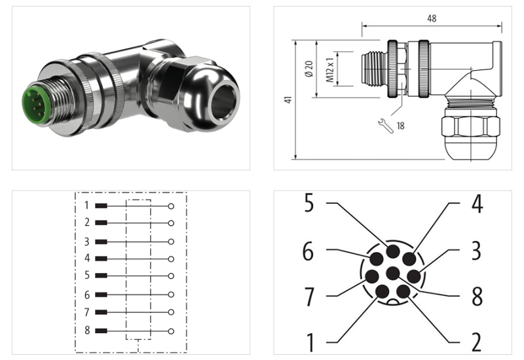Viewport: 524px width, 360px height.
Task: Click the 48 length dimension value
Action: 432,19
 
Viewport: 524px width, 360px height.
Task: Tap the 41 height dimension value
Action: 288,99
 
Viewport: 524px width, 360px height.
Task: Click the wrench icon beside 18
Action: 386,125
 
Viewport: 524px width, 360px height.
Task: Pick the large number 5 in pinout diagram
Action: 309,204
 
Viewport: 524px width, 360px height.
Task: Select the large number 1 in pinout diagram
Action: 309,341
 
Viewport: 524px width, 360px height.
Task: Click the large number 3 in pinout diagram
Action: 476,250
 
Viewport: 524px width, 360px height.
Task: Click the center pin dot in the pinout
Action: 393,272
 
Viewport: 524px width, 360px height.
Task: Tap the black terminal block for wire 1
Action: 102,206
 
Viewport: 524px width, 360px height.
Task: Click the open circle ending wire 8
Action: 171,331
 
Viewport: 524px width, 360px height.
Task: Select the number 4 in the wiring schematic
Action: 86,259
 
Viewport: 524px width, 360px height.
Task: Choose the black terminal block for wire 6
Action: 102,295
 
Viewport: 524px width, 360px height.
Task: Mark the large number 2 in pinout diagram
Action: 476,341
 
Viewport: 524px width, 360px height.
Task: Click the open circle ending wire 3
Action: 171,242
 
